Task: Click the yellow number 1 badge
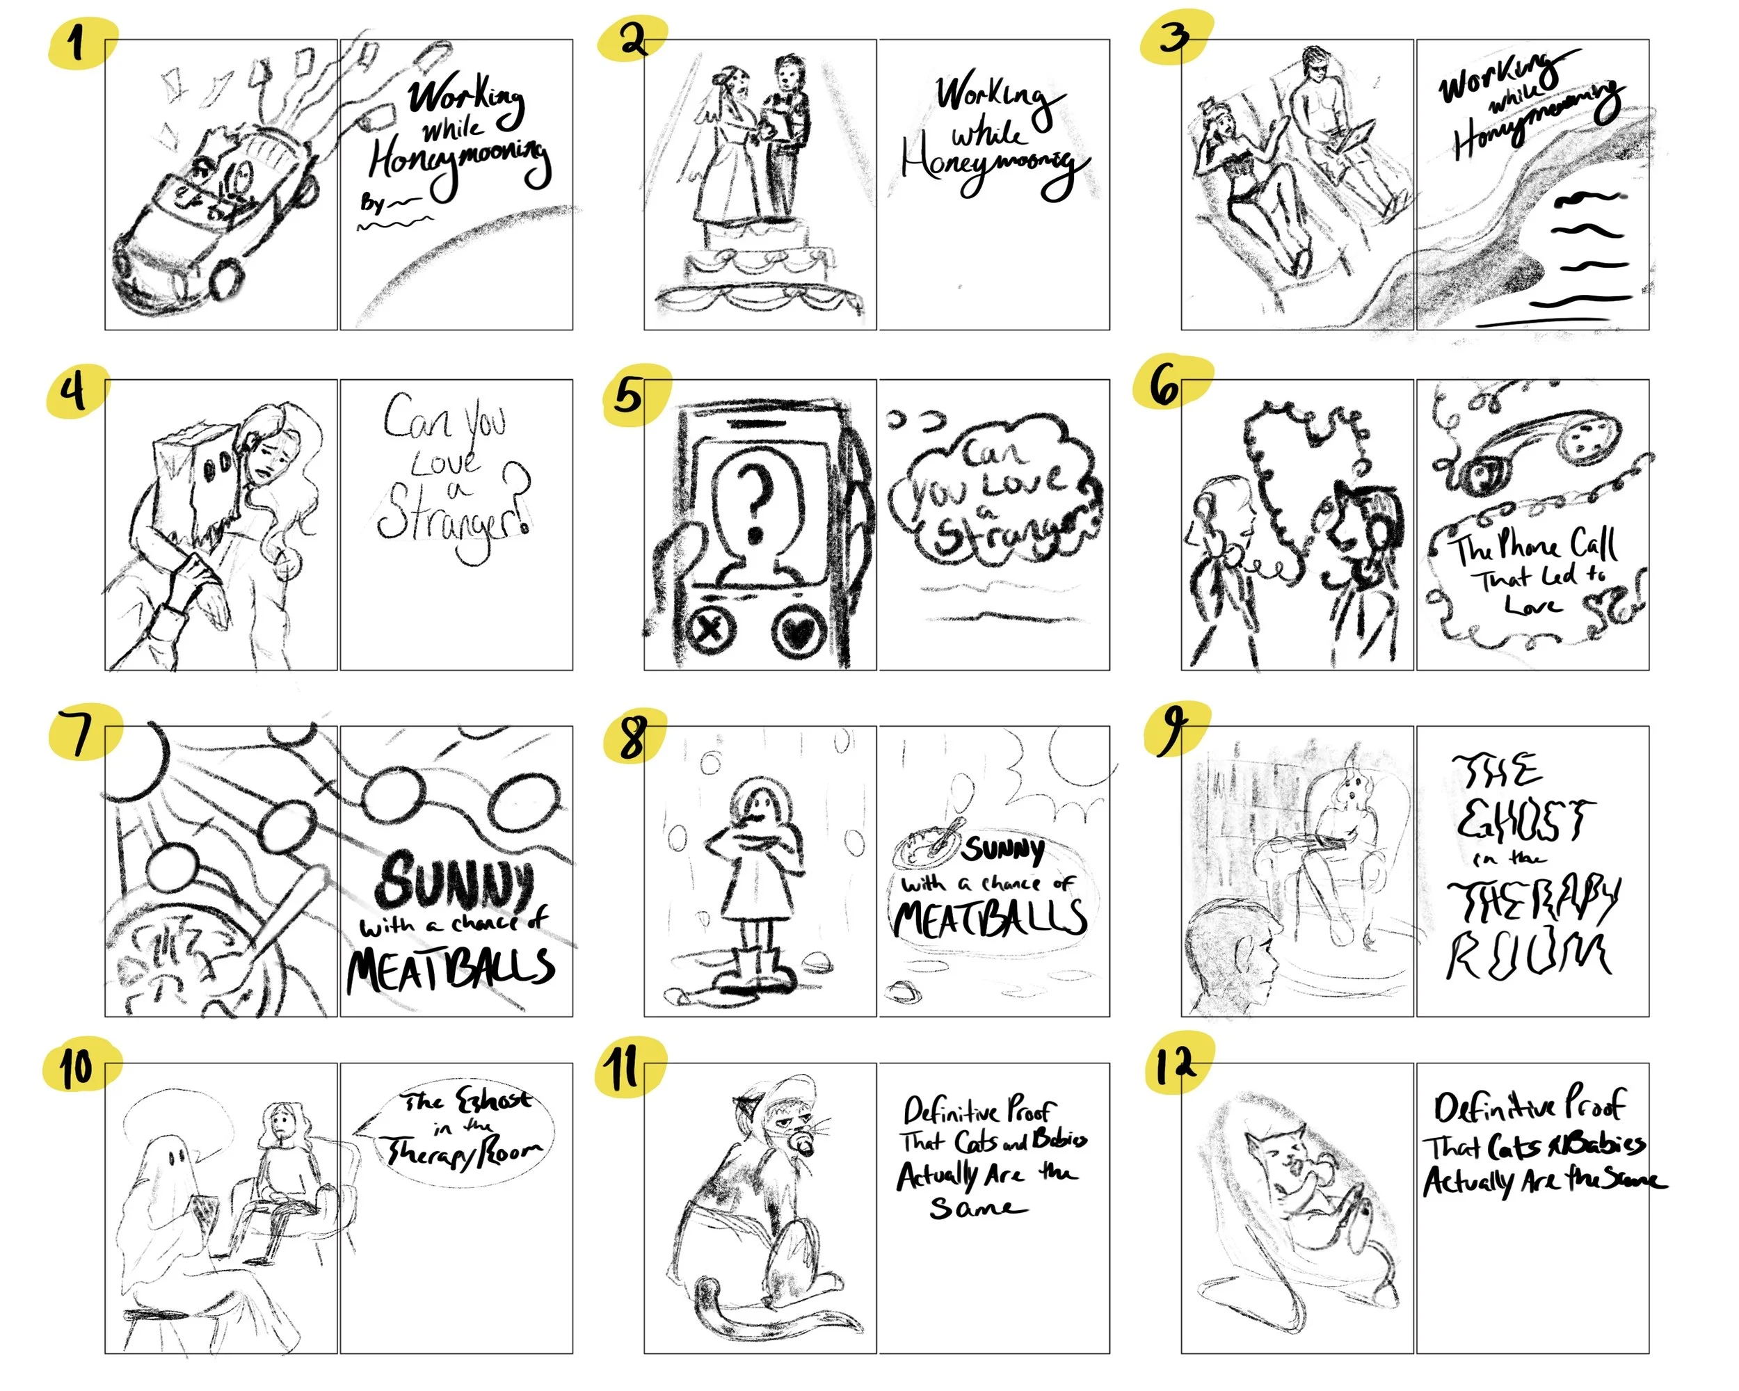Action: point(78,42)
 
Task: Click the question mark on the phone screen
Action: point(757,500)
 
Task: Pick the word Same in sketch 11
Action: point(976,1208)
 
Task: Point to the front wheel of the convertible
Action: point(226,278)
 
